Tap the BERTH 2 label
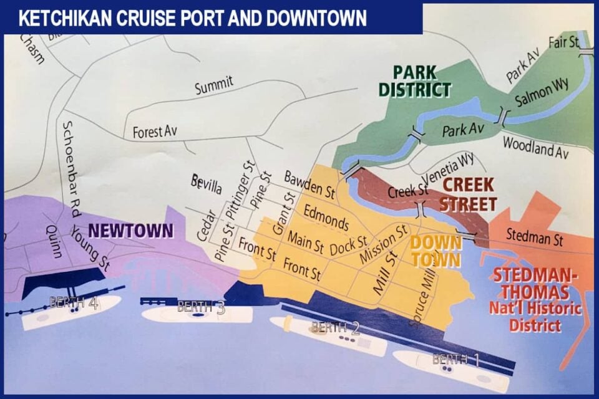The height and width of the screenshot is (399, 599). point(336,327)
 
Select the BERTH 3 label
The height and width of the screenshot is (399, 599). point(201,307)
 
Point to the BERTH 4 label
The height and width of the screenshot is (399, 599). point(74,304)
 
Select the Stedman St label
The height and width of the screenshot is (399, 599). point(534,237)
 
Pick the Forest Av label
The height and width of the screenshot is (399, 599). point(155,132)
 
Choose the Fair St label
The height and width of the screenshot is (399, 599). point(563,42)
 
